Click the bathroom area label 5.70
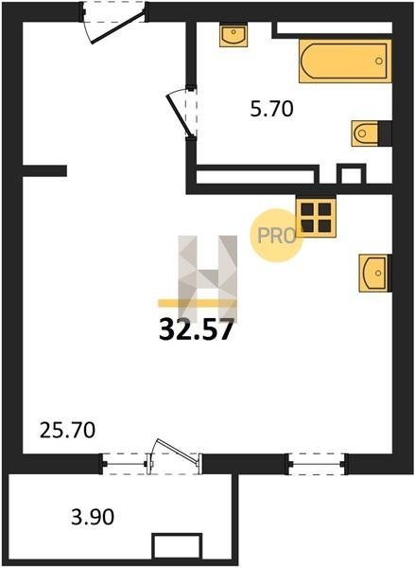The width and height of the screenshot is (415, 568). [x=271, y=109]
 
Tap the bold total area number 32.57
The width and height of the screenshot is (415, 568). [x=196, y=329]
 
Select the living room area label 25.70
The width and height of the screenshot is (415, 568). [x=67, y=431]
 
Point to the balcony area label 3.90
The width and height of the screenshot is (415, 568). [x=93, y=517]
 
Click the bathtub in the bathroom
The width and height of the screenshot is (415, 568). [x=345, y=61]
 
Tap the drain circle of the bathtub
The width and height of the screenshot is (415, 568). [x=379, y=61]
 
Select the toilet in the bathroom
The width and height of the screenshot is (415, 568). [x=366, y=133]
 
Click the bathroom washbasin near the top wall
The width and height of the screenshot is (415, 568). [x=233, y=36]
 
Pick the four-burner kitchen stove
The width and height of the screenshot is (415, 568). [x=316, y=218]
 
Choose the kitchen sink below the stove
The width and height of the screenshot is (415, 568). [x=373, y=273]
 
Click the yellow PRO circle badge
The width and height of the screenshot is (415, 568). [x=276, y=236]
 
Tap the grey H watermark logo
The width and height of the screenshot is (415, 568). [x=208, y=279]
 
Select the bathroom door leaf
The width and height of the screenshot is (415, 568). [x=178, y=115]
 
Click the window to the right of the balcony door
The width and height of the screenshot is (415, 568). [x=318, y=464]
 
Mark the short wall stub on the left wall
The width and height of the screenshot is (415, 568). [x=44, y=170]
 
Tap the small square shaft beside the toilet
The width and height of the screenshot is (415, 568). [x=351, y=175]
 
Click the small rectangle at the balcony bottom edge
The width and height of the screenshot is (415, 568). [x=177, y=546]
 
